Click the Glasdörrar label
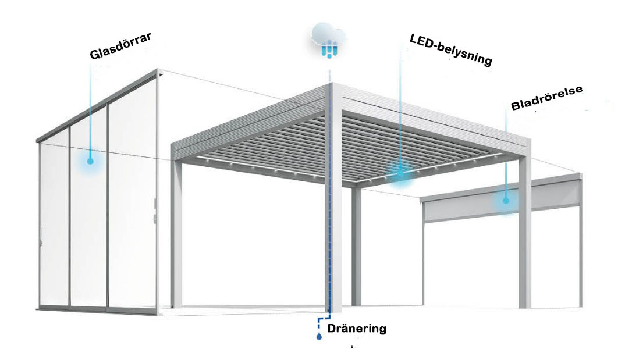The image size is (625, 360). click(121, 46)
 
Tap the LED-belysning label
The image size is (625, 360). click(451, 50)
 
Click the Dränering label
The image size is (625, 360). click(357, 329)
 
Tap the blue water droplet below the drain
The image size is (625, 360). click(319, 336)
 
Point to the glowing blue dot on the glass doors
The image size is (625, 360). click(90, 160)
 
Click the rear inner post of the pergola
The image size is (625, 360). click(356, 250)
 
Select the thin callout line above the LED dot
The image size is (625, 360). click(400, 105)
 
